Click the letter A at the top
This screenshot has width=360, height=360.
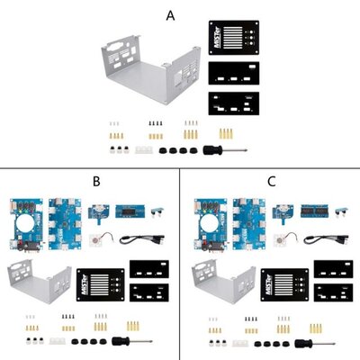[x=171, y=15]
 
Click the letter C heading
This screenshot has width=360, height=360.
[x=272, y=181]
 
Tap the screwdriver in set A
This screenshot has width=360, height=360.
[x=216, y=148]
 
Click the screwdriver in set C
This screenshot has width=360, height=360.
[x=302, y=344]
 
